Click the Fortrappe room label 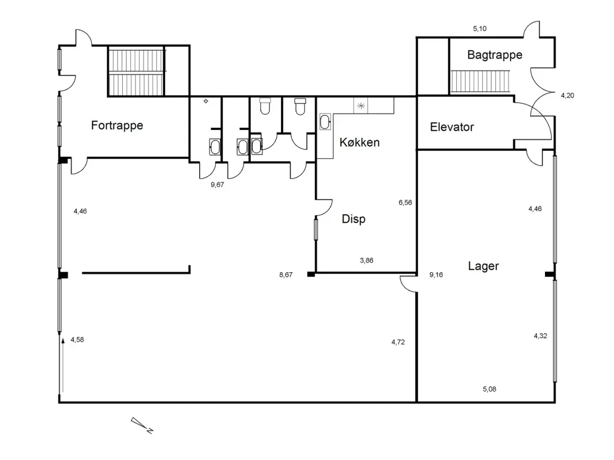117,126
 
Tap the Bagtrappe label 495,55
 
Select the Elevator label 452,127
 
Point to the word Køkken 359,142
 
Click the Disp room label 354,219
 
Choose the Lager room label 484,266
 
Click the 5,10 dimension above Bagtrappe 480,28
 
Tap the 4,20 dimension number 567,95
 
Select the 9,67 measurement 217,184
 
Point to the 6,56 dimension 405,203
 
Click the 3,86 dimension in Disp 366,260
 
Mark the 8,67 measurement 286,275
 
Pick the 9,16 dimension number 436,275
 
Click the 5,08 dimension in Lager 490,389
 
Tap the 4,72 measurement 398,342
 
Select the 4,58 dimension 77,340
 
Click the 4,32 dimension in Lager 541,336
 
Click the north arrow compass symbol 142,425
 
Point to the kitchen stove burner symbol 361,105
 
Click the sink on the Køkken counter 325,122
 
